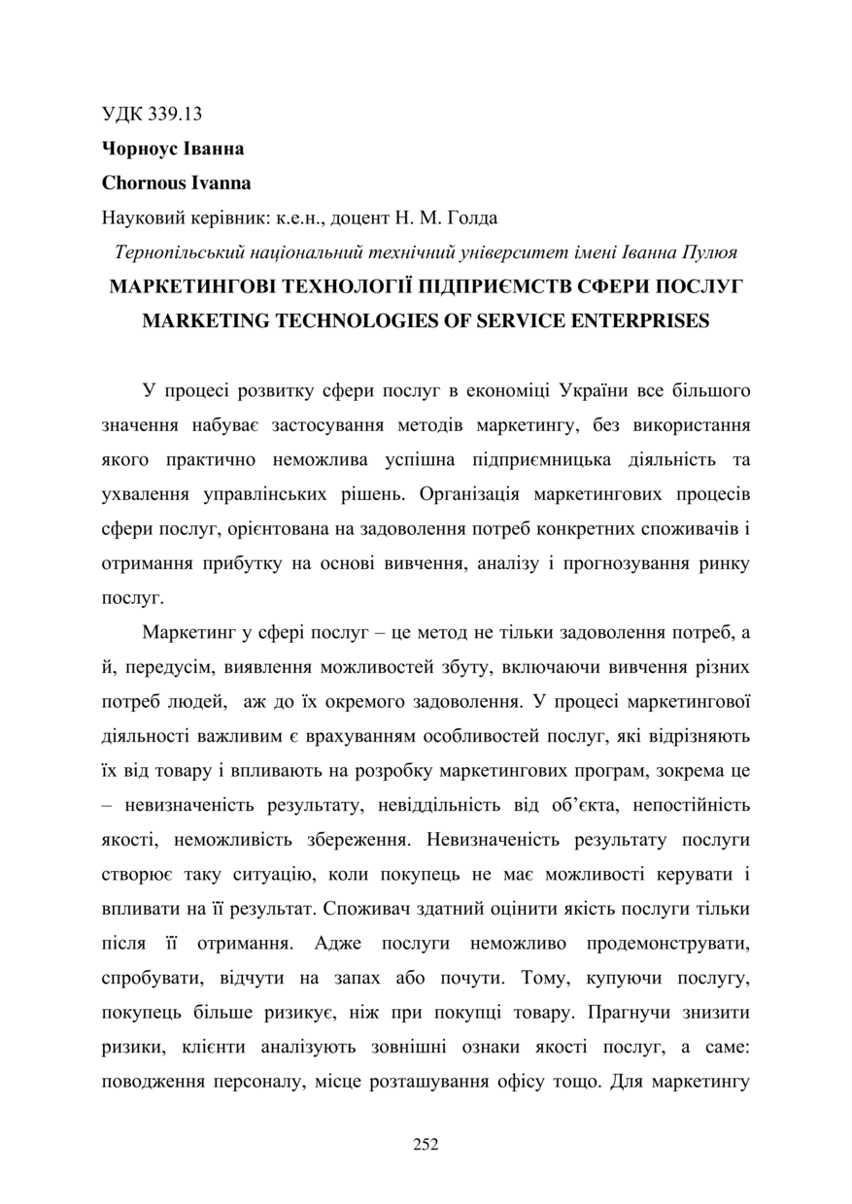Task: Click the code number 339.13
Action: coord(176,114)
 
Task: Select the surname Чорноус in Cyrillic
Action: coord(137,149)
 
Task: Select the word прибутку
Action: coord(229,564)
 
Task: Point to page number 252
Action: coord(426,1145)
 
